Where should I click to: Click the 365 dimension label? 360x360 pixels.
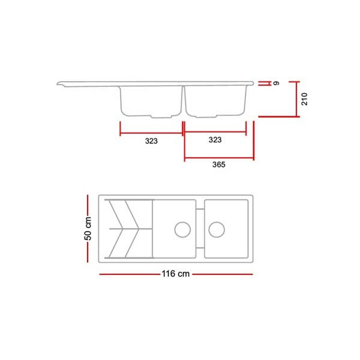coord(219,164)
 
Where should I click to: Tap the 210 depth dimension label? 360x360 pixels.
coord(304,99)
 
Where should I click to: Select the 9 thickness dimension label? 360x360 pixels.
coord(277,83)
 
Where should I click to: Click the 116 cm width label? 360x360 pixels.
coord(176,274)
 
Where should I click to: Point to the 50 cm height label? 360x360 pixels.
coord(88,229)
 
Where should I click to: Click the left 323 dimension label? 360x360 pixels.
coord(151,141)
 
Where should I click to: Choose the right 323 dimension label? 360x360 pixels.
coord(215,140)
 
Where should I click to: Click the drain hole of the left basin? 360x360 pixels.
coord(182,230)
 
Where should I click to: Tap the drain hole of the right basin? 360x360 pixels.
coord(217,230)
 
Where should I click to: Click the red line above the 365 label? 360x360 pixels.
coord(219,158)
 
